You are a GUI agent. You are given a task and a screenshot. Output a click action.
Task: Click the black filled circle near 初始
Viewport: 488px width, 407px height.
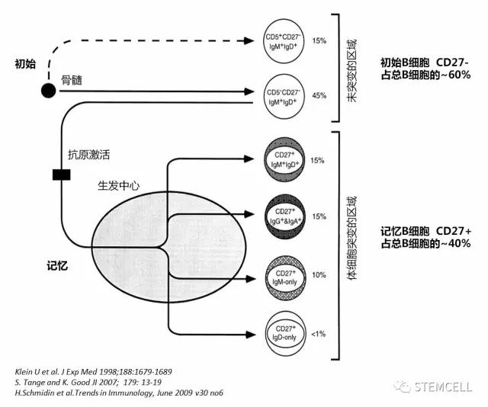pyautogui.click(x=47, y=91)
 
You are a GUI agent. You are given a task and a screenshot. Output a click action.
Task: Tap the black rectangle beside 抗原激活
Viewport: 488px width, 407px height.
pyautogui.click(x=62, y=176)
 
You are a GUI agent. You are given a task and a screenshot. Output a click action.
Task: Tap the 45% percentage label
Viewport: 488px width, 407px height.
pyautogui.click(x=318, y=96)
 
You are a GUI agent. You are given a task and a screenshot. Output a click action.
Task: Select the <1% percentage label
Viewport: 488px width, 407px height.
pyautogui.click(x=318, y=332)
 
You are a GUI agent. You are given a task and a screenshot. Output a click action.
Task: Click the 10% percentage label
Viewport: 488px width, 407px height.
pyautogui.click(x=318, y=274)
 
